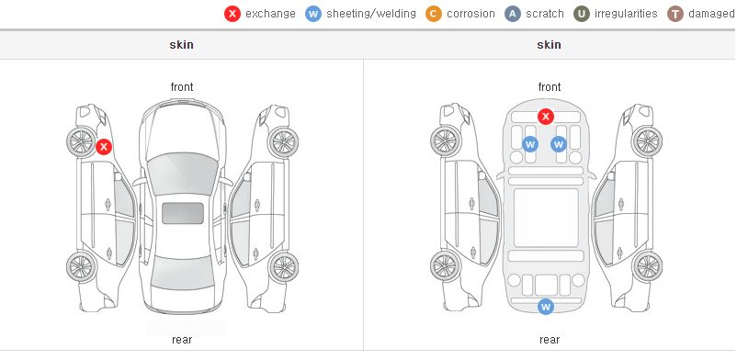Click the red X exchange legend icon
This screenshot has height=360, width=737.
(x=232, y=14)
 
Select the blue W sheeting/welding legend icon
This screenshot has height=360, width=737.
(x=313, y=14)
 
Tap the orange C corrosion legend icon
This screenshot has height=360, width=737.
(x=434, y=14)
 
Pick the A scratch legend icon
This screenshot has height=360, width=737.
(x=513, y=14)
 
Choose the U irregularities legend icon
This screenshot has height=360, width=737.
(x=582, y=14)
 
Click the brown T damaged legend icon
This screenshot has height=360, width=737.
(x=675, y=14)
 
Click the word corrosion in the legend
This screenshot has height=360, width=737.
(x=471, y=14)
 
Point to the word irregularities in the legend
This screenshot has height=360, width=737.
(x=626, y=14)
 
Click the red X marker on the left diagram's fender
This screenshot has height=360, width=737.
(x=104, y=147)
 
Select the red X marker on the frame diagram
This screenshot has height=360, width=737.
(x=545, y=116)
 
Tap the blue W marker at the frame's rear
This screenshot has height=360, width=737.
(x=545, y=307)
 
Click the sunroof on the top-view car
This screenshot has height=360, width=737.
(x=183, y=213)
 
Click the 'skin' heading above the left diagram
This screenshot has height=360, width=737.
(x=181, y=45)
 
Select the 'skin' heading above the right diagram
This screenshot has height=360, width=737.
(x=549, y=45)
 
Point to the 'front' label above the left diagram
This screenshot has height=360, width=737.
(x=182, y=87)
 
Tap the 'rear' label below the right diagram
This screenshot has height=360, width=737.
(x=550, y=340)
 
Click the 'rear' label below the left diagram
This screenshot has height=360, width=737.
(x=182, y=340)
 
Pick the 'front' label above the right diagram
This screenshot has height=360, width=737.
(x=550, y=87)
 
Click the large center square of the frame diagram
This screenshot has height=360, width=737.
(x=546, y=218)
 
